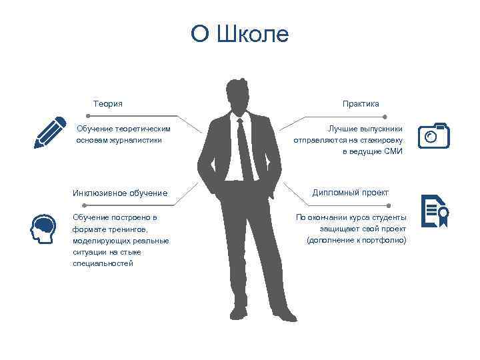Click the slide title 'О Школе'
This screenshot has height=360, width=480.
tap(240, 34)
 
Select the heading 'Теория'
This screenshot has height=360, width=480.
tap(108, 103)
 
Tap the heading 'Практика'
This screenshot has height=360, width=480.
tap(361, 103)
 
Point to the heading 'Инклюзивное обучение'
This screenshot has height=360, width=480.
tap(120, 193)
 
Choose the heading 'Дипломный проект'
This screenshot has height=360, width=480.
tap(351, 193)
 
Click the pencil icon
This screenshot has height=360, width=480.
tap(51, 132)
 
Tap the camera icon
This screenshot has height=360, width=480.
tap(433, 135)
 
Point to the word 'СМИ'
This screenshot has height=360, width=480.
tap(393, 151)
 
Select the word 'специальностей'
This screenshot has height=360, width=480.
tap(103, 263)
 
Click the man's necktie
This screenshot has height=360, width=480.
tap(246, 150)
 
